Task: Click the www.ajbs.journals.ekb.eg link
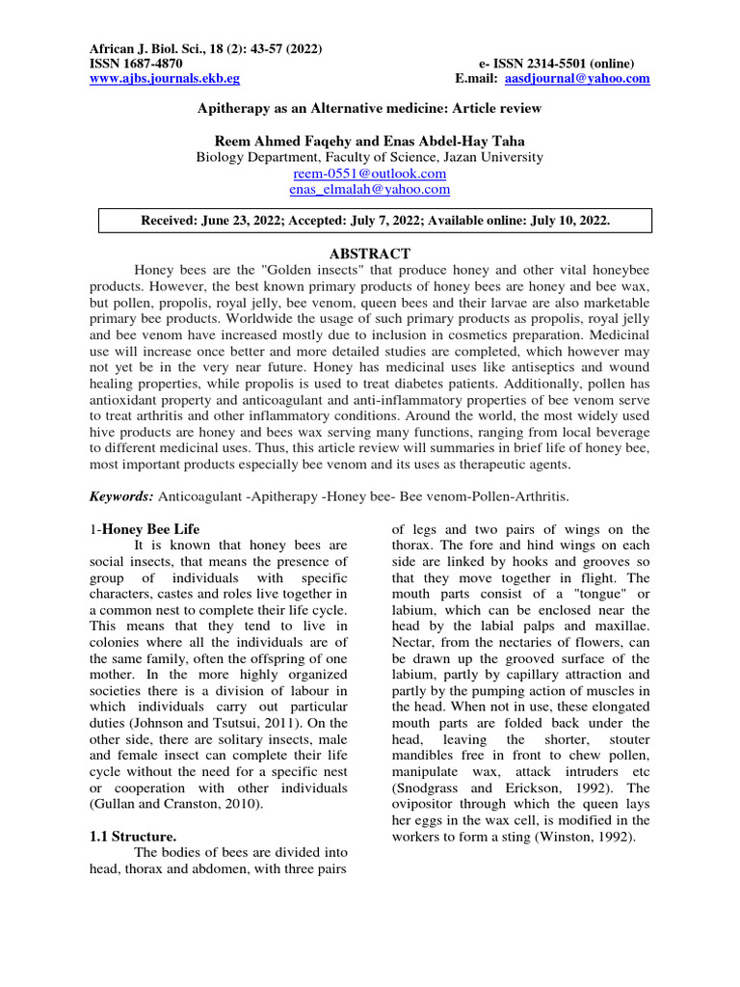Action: (164, 78)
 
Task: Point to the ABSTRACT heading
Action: (370, 253)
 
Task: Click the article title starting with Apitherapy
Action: (370, 109)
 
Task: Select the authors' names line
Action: (370, 141)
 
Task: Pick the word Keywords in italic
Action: (120, 494)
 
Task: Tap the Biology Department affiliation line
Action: (370, 156)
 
